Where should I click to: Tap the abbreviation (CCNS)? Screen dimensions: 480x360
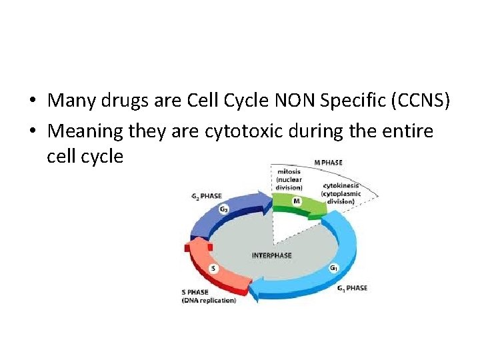(x=419, y=101)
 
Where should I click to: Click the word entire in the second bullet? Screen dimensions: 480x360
(x=407, y=131)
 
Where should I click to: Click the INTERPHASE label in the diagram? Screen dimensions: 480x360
(x=271, y=255)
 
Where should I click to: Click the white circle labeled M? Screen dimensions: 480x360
(x=296, y=201)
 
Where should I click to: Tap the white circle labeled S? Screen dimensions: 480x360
(x=213, y=268)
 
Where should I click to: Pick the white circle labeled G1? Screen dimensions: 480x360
(x=333, y=268)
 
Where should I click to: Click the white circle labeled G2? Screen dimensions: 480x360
(x=224, y=209)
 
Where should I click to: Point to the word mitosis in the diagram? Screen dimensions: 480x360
(x=289, y=171)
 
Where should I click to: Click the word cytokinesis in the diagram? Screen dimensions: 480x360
(x=341, y=185)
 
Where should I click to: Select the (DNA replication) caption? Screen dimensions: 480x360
(x=209, y=300)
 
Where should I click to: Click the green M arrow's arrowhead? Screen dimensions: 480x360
(x=319, y=207)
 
